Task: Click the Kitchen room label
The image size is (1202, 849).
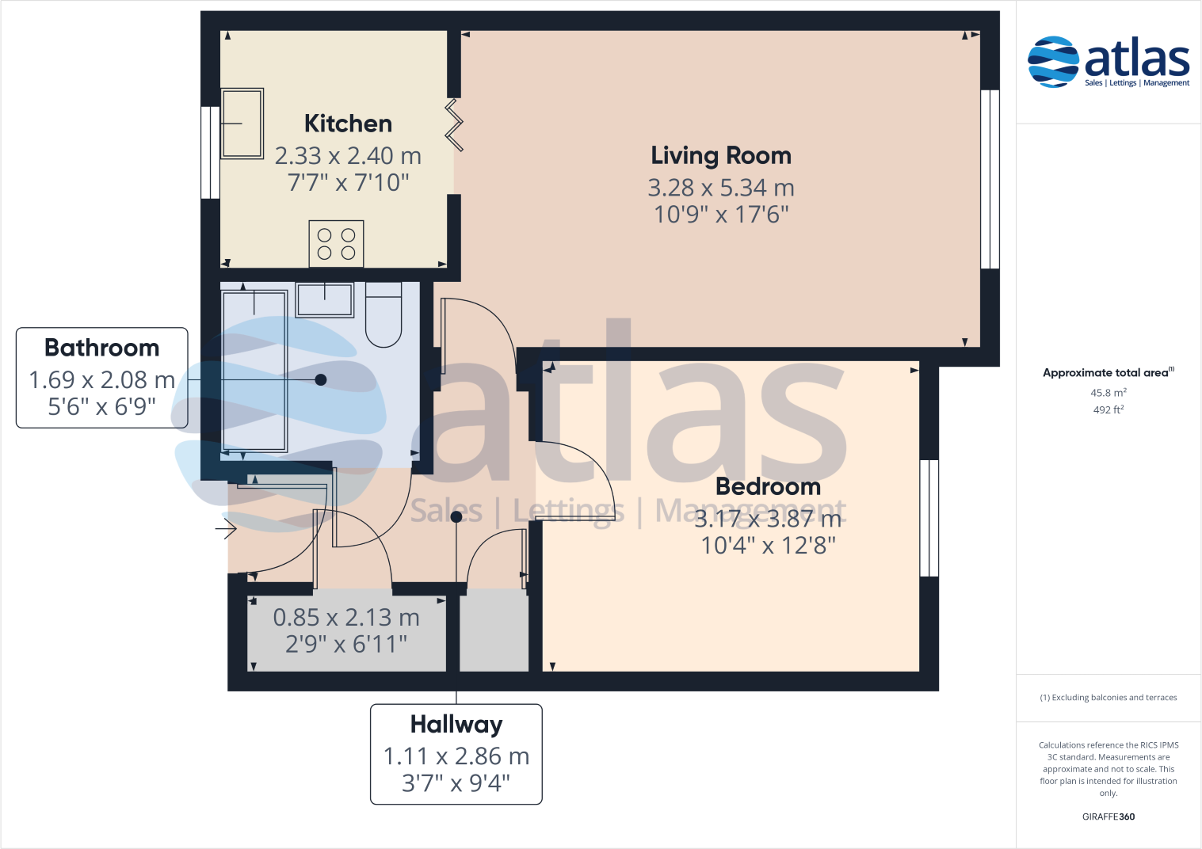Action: click(348, 124)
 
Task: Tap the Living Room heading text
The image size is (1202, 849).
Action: click(721, 155)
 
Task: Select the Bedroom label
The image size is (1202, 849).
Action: click(768, 486)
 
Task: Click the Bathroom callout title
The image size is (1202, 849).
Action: click(101, 348)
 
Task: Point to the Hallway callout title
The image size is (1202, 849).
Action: click(456, 725)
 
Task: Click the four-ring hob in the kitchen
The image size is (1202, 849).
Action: click(336, 244)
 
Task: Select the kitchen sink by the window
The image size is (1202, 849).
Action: click(242, 124)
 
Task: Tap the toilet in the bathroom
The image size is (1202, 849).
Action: click(383, 314)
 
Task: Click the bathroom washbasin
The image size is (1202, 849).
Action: click(324, 299)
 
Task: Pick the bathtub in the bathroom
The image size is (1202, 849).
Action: click(254, 371)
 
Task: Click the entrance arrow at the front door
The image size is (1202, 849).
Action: click(226, 527)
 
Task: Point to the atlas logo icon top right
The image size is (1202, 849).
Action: click(1053, 61)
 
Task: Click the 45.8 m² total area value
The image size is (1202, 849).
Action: click(1108, 393)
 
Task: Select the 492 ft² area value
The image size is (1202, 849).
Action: click(1108, 410)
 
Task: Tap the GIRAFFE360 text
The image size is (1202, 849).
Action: click(1108, 817)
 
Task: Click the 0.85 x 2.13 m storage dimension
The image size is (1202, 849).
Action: click(346, 617)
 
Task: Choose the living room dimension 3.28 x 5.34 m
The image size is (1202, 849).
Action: click(721, 188)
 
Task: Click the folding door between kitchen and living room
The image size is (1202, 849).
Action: click(454, 125)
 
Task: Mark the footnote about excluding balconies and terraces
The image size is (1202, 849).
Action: click(1108, 698)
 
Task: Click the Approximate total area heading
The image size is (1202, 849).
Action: click(1106, 373)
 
